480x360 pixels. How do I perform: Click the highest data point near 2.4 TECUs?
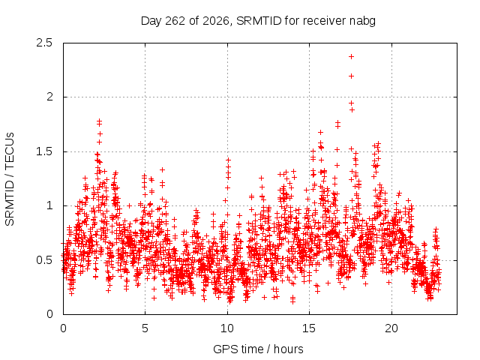(352, 57)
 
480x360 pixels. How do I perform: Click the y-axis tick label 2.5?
(44, 43)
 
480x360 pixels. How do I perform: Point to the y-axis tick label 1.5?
(44, 151)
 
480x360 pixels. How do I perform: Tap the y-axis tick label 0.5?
(44, 260)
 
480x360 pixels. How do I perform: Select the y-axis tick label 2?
(49, 97)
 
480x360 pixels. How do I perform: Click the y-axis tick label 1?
(49, 205)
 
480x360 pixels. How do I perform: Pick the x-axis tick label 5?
(145, 328)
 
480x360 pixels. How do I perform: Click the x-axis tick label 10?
(227, 328)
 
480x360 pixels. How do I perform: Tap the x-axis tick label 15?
(309, 328)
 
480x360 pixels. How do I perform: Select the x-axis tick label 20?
(391, 328)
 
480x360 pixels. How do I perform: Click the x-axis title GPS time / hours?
(258, 349)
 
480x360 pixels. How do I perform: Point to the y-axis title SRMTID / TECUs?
(10, 179)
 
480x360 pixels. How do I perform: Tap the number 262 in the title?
(175, 21)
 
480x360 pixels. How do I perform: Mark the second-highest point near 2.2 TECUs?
(352, 76)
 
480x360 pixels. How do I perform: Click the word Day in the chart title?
(151, 21)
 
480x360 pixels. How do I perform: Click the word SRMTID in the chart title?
(259, 21)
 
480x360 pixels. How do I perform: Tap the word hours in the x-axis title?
(288, 349)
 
